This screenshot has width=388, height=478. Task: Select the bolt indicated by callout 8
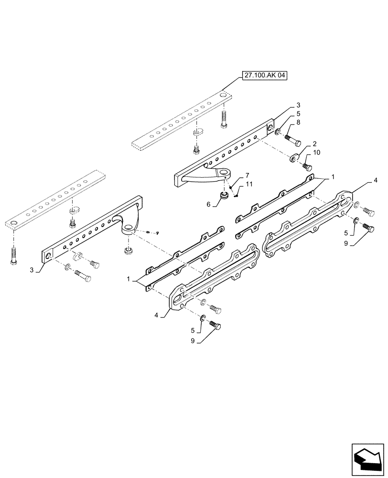[291, 140]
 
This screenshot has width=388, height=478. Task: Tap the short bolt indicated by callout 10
[307, 167]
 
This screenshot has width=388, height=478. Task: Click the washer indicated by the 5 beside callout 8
[279, 130]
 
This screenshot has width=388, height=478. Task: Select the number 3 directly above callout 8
[298, 105]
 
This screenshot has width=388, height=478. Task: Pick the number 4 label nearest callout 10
[376, 181]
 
